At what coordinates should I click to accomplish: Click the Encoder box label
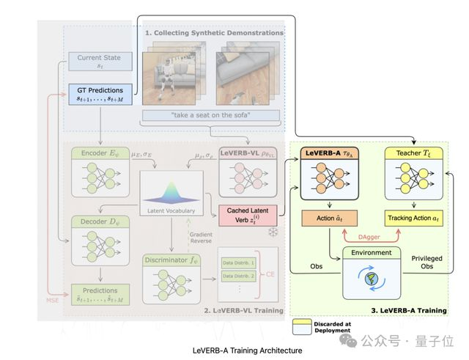point(95,154)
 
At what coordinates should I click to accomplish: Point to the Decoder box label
point(95,221)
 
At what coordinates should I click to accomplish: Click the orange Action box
point(333,219)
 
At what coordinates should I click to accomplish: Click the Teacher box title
point(410,153)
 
